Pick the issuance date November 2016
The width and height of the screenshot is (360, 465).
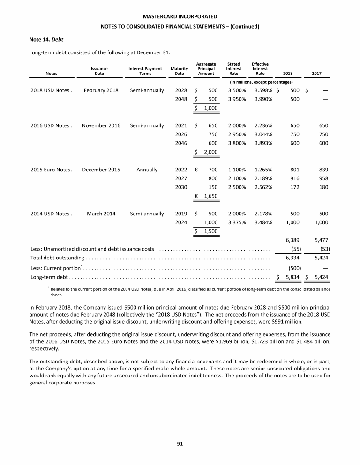tap(101, 125)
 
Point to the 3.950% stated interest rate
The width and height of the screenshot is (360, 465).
tap(237, 99)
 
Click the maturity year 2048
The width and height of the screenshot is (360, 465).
tap(181, 99)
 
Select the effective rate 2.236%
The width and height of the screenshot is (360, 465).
tap(263, 125)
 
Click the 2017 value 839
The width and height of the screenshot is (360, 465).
tap(322, 170)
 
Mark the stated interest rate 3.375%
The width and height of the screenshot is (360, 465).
tap(237, 222)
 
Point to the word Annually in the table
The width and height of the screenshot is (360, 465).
tap(147, 170)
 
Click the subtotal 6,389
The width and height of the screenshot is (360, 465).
tap(292, 240)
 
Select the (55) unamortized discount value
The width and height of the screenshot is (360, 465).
tap(296, 249)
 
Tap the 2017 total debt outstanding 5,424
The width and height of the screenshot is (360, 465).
tap(321, 258)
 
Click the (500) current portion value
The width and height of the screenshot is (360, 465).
tap(294, 268)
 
